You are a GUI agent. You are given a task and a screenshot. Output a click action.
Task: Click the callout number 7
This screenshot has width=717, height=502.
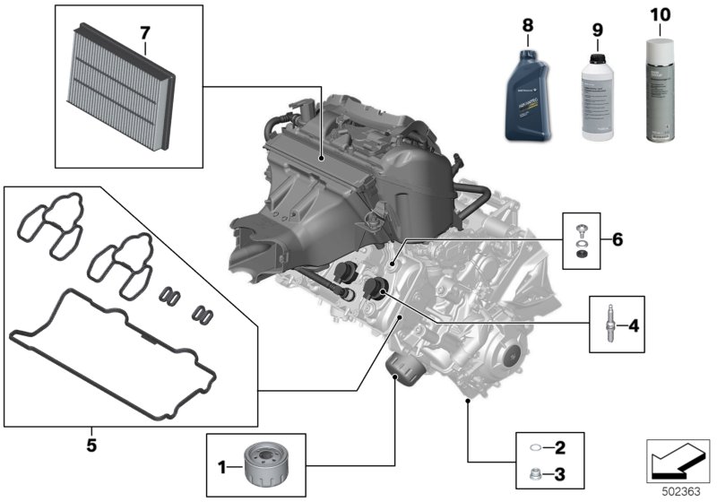[x=143, y=34]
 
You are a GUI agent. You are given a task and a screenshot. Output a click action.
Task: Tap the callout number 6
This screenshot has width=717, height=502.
[x=616, y=239]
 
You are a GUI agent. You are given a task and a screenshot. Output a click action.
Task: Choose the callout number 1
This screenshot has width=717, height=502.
[x=223, y=466]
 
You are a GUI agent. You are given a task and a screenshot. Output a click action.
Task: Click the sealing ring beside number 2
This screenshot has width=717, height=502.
[x=535, y=447]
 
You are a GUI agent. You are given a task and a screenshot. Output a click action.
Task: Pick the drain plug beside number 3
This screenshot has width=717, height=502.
[x=535, y=474]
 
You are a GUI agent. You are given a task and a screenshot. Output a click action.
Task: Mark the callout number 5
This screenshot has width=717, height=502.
[x=91, y=444]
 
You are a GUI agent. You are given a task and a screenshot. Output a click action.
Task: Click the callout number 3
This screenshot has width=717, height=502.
[x=560, y=474]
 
